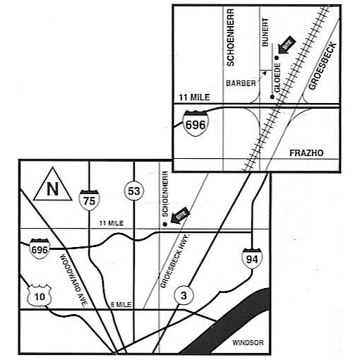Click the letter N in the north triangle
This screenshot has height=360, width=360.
[52, 188]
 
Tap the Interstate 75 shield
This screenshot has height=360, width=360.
[89, 200]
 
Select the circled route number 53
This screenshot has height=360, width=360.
[133, 191]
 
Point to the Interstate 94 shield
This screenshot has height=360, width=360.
[252, 258]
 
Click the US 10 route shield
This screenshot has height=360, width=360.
[40, 296]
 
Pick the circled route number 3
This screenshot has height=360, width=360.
[184, 295]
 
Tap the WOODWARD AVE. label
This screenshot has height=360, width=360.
[73, 280]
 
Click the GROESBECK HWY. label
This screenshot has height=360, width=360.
[175, 261]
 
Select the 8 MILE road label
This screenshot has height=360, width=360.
[121, 304]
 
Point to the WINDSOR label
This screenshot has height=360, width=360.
[248, 342]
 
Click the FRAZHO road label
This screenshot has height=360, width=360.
[306, 153]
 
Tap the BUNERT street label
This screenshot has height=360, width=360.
[265, 32]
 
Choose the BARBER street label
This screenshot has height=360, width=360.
[241, 83]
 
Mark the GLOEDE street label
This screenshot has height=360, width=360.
[277, 78]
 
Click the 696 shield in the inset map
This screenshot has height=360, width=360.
[196, 124]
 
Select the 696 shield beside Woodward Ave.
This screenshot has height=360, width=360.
[40, 248]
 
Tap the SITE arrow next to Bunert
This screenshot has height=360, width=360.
[286, 45]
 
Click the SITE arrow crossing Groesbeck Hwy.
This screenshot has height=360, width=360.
[180, 215]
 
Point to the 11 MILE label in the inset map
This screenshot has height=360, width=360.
[194, 97]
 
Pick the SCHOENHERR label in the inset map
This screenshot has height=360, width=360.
[230, 37]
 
